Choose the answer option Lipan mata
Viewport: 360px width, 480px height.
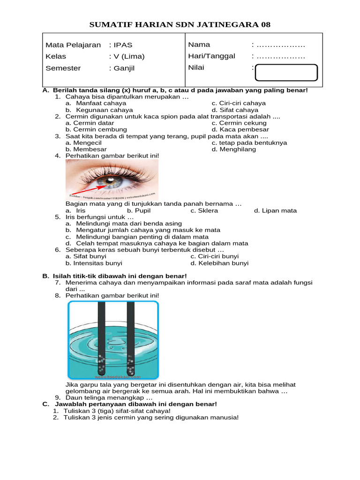pyautogui.click(x=279, y=210)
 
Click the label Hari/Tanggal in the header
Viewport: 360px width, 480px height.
pyautogui.click(x=211, y=56)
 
